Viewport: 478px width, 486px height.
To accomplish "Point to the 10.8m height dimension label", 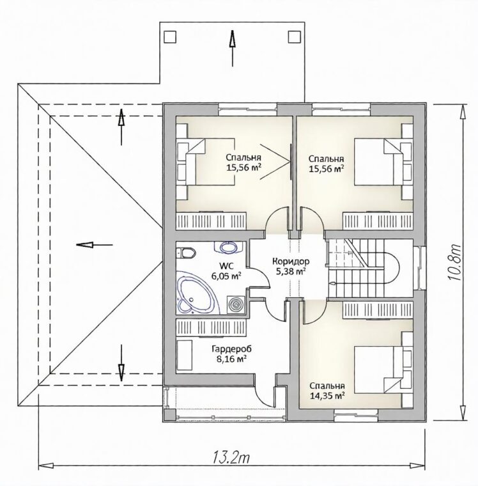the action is tap(455, 262).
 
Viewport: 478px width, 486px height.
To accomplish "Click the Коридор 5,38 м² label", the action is tap(291, 266).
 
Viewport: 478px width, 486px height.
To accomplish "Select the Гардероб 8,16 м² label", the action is tap(231, 354).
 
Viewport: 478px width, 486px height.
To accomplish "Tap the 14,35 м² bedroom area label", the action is tap(327, 396).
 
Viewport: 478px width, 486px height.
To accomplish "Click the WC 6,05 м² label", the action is tap(226, 271).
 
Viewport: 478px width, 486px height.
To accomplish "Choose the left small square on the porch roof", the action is tap(170, 36).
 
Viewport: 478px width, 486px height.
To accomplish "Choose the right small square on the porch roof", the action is tap(295, 36).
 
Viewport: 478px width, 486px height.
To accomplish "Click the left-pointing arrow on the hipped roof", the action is tap(95, 244).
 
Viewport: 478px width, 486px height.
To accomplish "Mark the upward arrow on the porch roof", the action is tap(232, 48).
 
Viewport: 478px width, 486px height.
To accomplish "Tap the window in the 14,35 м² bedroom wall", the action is tap(357, 416).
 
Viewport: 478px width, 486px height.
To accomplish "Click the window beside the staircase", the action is tap(420, 267).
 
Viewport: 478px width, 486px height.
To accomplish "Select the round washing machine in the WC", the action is tap(236, 305).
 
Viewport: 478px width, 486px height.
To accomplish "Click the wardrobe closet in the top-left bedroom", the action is tap(212, 221).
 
